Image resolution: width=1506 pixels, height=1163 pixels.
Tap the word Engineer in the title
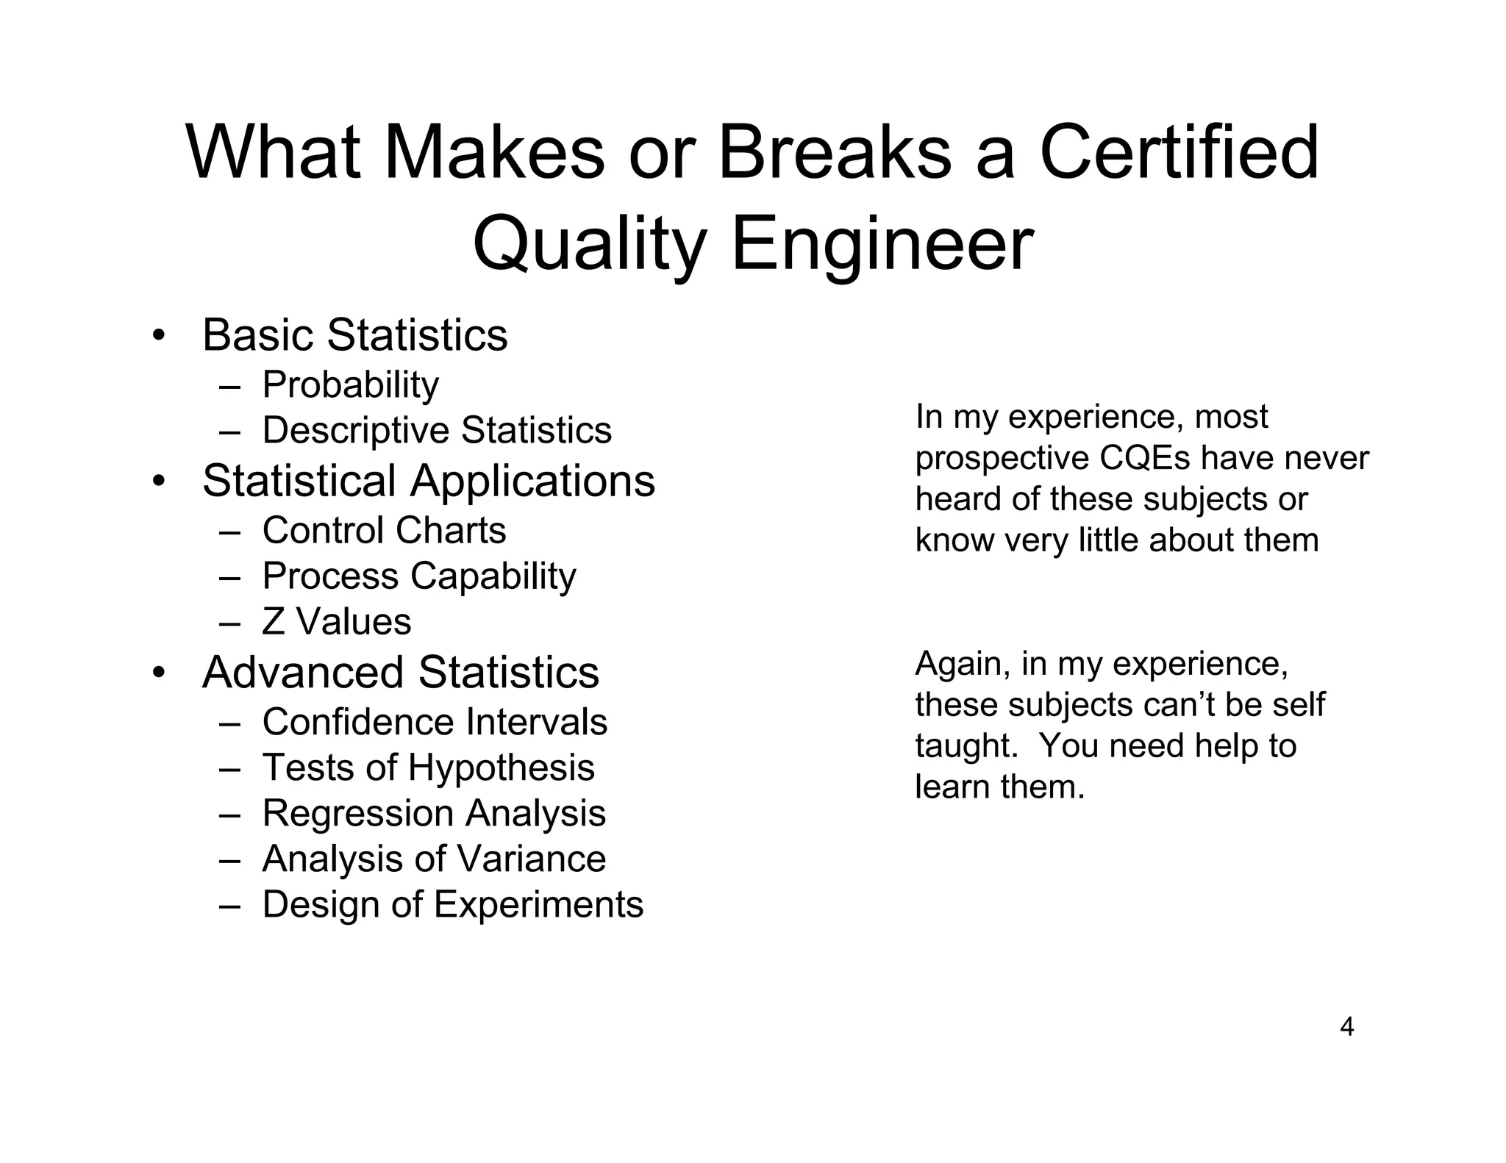pyautogui.click(x=882, y=243)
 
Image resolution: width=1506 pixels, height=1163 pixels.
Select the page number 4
pyautogui.click(x=1346, y=1026)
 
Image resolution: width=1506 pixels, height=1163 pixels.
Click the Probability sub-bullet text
pyautogui.click(x=350, y=384)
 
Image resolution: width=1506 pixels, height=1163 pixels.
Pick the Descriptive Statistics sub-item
pyautogui.click(x=437, y=430)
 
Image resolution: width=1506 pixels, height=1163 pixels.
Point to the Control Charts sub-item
pyautogui.click(x=384, y=530)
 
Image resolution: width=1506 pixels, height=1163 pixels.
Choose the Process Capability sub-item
pyautogui.click(x=419, y=576)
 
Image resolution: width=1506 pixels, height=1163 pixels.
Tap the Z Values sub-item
pyautogui.click(x=336, y=621)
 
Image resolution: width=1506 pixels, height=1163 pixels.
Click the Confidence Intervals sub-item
pyautogui.click(x=435, y=722)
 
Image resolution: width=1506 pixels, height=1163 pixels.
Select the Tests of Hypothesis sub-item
pyautogui.click(x=428, y=767)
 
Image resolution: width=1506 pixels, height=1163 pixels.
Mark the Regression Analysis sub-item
pyautogui.click(x=434, y=813)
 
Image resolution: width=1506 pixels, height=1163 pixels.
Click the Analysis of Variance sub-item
pyautogui.click(x=434, y=859)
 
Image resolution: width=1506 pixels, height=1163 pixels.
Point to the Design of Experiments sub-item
pyautogui.click(x=452, y=904)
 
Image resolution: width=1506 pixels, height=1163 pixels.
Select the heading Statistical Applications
pyautogui.click(x=428, y=481)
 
